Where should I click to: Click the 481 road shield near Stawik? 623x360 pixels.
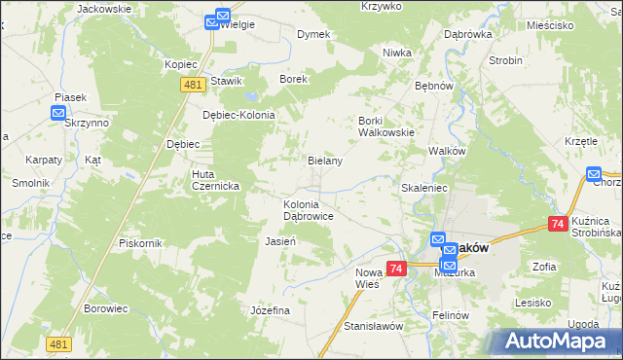pos(192,85)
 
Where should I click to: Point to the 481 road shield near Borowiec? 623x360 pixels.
pos(59,344)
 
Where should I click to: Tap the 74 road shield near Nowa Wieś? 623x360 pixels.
pos(395,268)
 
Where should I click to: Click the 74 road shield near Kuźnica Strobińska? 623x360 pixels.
pos(558,224)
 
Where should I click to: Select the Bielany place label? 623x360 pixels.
pos(325,161)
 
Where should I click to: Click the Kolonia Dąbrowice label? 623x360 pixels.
pos(309,211)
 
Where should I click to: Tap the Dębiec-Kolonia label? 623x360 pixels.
pos(238,114)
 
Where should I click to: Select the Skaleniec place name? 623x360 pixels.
pos(423,185)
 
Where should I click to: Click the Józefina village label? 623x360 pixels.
pos(271,309)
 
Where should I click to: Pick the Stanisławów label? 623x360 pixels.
pos(373,326)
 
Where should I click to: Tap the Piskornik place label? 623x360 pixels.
pos(138,242)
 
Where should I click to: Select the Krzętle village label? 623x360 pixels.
pos(580,141)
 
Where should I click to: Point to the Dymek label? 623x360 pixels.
pos(313,34)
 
